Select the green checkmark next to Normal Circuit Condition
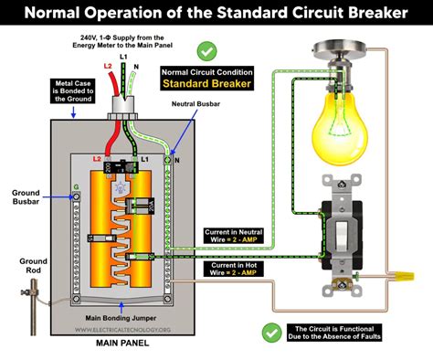point(206,51)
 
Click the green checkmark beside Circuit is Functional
point(271,332)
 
